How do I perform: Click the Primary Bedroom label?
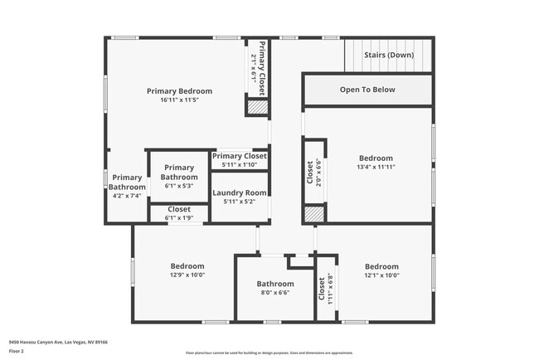coord(179,91)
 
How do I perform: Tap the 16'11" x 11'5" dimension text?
coord(179,100)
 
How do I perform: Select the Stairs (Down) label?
coord(390,56)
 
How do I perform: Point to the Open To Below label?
coord(367,90)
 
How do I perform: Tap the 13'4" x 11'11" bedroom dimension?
coord(376,168)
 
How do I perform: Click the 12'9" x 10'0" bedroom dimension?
coord(187,275)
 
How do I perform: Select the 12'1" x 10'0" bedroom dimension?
coord(381,275)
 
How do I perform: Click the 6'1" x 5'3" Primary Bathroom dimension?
coord(179,187)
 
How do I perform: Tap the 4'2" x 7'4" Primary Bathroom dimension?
coord(127,197)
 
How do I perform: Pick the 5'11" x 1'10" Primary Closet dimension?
coord(239,165)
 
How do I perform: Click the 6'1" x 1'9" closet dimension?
coord(179,218)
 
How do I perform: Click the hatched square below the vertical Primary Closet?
coord(258,107)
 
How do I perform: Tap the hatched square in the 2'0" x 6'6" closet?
coord(313,214)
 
